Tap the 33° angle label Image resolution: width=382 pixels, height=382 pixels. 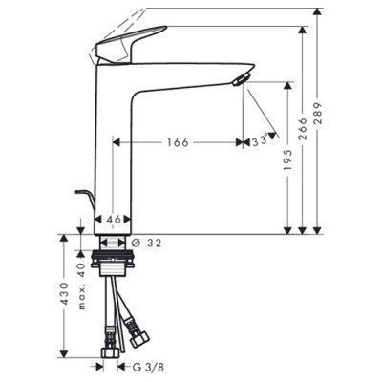(259, 142)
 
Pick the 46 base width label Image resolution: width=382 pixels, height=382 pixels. (115, 219)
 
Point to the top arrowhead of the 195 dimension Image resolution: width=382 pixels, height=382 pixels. (287, 84)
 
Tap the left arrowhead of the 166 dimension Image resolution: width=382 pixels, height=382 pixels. (117, 142)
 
